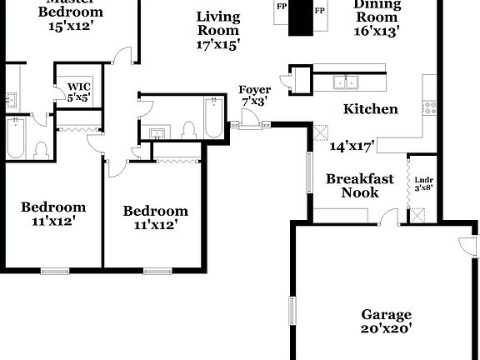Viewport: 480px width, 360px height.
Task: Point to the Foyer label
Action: [x=254, y=89]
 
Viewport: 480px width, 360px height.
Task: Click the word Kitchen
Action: [x=371, y=109]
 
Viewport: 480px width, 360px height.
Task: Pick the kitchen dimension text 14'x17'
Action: [x=352, y=147]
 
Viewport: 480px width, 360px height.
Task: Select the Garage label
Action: [x=386, y=314]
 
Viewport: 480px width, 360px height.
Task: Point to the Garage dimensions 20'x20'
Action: [x=386, y=329]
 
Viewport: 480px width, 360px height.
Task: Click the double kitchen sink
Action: [x=346, y=82]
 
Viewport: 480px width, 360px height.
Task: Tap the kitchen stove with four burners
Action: [x=431, y=107]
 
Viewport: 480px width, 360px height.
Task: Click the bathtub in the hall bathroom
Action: [x=212, y=118]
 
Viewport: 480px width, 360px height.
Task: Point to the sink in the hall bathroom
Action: [x=157, y=132]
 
